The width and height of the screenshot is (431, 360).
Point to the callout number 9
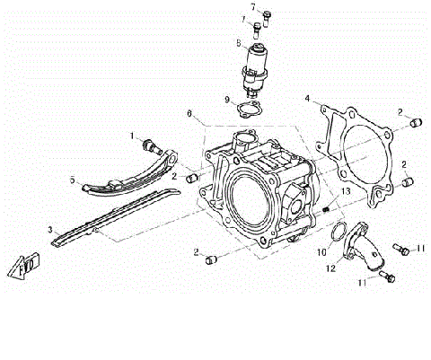pos(227,100)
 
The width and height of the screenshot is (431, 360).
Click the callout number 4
pos(306,98)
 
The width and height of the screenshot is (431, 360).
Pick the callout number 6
pos(189,114)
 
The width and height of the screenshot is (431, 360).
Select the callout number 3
pos(51,229)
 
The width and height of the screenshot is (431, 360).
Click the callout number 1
pos(131,136)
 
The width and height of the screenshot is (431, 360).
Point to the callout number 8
pos(239,42)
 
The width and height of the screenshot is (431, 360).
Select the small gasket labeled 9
pos(249,110)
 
